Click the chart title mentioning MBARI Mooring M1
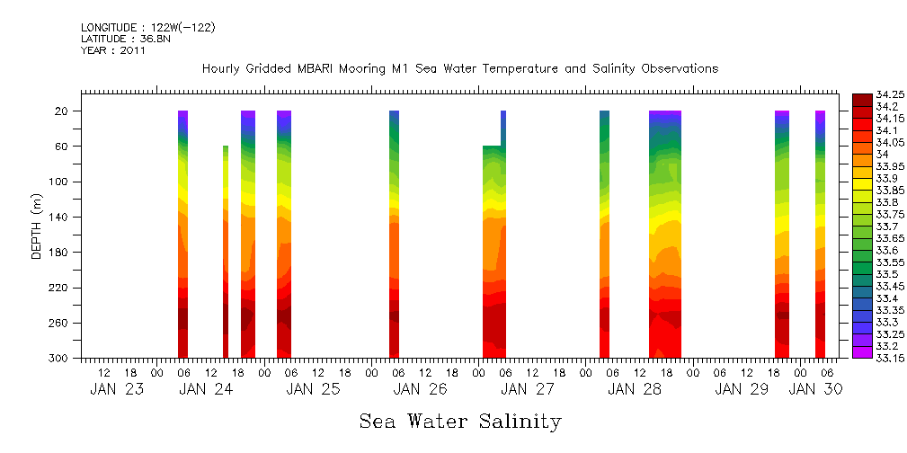pos(460,68)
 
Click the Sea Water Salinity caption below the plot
pos(460,421)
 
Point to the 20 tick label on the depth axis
pos(63,111)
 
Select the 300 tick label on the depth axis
pos(60,359)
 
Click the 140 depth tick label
pos(60,218)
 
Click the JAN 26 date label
pos(420,389)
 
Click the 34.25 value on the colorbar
pos(890,94)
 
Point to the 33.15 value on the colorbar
pos(890,358)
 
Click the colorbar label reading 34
pos(882,154)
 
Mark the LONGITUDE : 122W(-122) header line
pos(147,28)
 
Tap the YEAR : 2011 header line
pos(113,50)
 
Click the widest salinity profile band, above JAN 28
pos(665,234)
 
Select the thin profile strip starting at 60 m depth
pos(226,252)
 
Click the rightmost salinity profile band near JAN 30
pos(820,234)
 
